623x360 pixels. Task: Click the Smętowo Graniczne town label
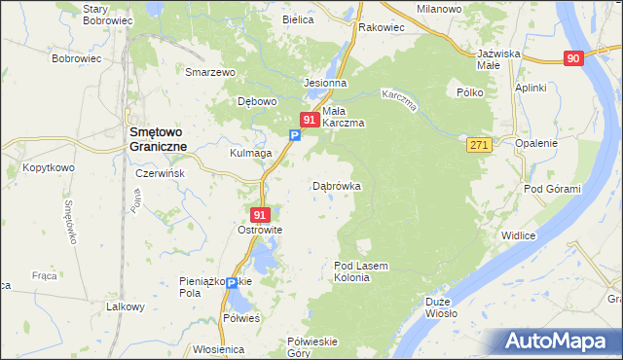(x=153, y=140)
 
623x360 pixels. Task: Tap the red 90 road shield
(x=573, y=59)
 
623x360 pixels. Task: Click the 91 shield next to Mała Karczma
(x=309, y=120)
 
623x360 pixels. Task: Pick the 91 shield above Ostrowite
(x=259, y=214)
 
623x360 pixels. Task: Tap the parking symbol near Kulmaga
(x=294, y=137)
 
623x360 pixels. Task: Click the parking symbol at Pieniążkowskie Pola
(x=232, y=283)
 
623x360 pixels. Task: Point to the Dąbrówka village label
(x=337, y=185)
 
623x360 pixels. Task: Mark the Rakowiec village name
(x=381, y=27)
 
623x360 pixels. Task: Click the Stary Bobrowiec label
(x=107, y=14)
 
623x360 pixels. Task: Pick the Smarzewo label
(x=212, y=72)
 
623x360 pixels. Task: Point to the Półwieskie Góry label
(x=312, y=346)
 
